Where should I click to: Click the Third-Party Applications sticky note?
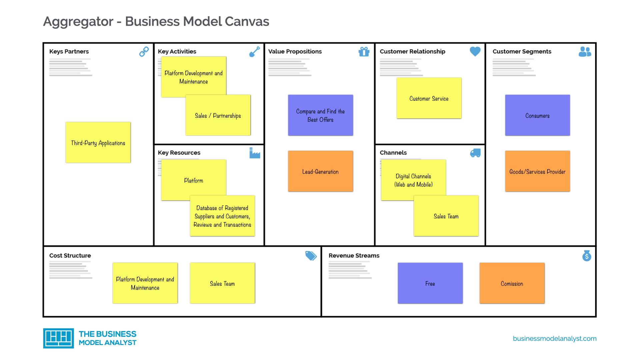pyautogui.click(x=98, y=143)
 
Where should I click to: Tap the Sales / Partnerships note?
pyautogui.click(x=218, y=115)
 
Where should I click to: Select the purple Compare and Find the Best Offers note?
pyautogui.click(x=320, y=115)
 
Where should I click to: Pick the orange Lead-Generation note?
pyautogui.click(x=320, y=171)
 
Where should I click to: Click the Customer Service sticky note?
pyautogui.click(x=429, y=98)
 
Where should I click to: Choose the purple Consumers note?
pyautogui.click(x=537, y=115)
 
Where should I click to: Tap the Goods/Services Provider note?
pyautogui.click(x=537, y=171)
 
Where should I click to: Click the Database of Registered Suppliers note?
pyautogui.click(x=222, y=216)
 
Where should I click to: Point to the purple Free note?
pyautogui.click(x=430, y=283)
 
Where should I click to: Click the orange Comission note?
pyautogui.click(x=512, y=283)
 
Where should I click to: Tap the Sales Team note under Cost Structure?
pyautogui.click(x=222, y=283)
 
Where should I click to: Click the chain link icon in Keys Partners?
pyautogui.click(x=144, y=52)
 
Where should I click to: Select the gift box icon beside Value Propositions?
pyautogui.click(x=364, y=52)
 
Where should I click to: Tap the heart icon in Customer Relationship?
pyautogui.click(x=475, y=51)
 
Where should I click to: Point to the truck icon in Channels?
pyautogui.click(x=475, y=153)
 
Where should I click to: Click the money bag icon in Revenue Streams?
pyautogui.click(x=587, y=256)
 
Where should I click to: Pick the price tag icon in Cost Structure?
pyautogui.click(x=311, y=256)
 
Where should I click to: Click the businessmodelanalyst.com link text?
pyautogui.click(x=555, y=339)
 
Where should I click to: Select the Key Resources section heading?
pyautogui.click(x=179, y=153)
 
